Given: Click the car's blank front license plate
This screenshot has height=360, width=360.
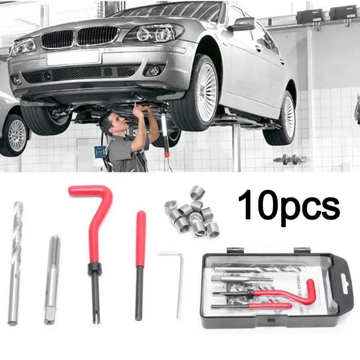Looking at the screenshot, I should pyautogui.click(x=73, y=57).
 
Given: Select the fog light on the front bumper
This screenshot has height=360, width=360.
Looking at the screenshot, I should pyautogui.click(x=154, y=71).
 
